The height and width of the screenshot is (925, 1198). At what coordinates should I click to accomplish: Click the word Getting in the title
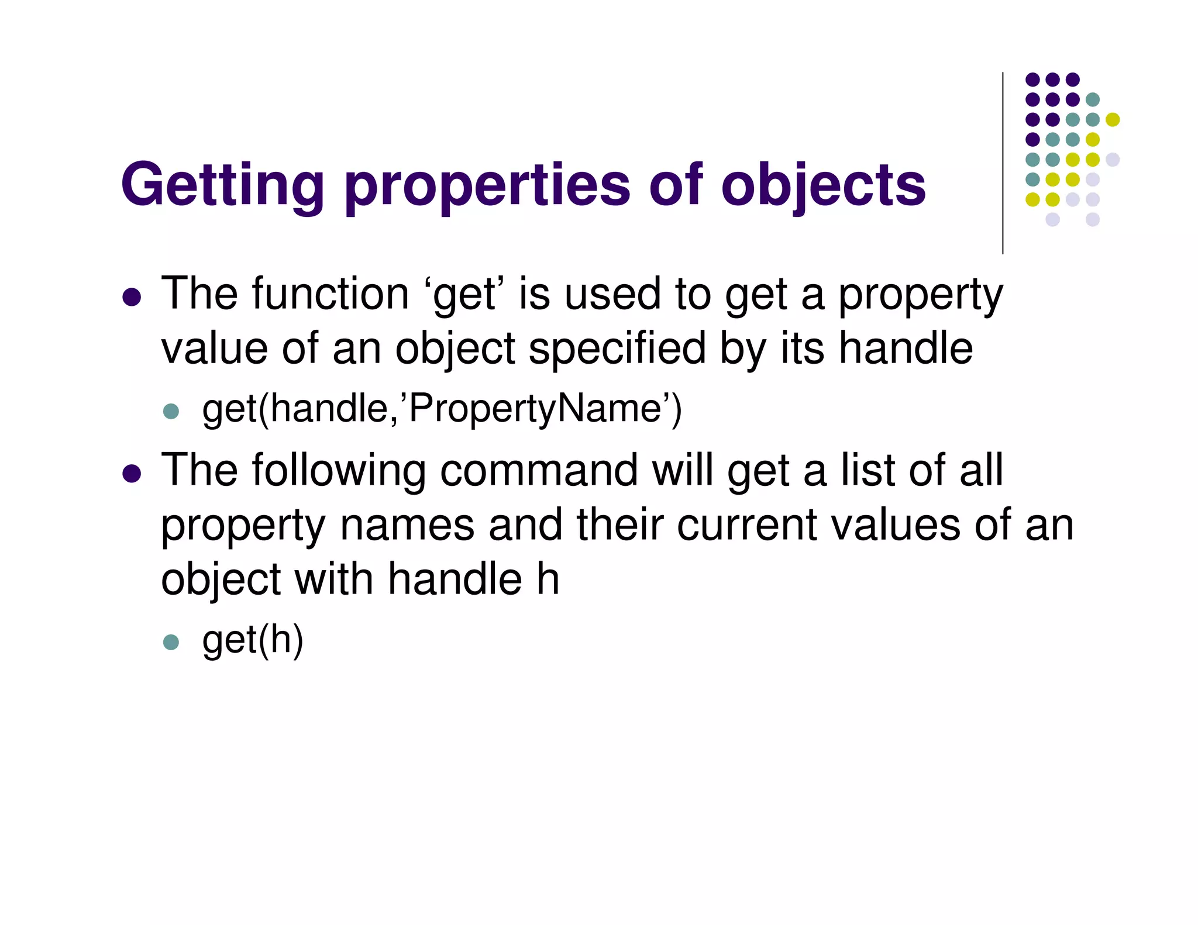222,185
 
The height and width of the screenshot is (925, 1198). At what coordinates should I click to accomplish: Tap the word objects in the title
823,185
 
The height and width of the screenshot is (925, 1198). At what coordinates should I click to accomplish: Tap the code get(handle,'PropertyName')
442,409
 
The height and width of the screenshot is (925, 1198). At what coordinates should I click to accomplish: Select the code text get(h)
253,640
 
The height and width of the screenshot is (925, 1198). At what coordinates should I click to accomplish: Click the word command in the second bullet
538,470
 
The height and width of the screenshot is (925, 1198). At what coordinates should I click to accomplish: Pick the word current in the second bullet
746,524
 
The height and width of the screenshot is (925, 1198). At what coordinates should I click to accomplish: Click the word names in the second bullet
407,524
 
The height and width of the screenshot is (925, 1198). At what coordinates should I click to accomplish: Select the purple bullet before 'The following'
132,473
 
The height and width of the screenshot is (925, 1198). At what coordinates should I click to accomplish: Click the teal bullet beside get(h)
171,642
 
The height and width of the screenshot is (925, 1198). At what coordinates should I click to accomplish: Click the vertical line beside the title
1003,163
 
